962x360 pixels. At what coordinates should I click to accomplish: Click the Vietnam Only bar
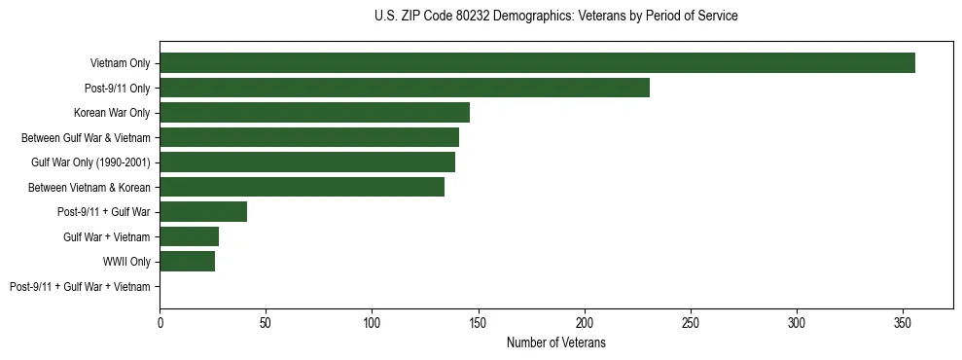(537, 63)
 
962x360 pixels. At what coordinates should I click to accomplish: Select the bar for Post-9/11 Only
(405, 88)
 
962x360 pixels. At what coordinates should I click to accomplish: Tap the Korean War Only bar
(314, 113)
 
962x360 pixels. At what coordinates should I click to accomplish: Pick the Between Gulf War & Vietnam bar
(309, 137)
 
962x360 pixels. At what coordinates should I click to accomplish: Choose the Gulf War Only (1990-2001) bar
(307, 162)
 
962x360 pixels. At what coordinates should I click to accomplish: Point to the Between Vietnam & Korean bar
(302, 187)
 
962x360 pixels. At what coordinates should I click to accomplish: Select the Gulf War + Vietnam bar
(189, 236)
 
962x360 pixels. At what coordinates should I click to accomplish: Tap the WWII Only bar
(187, 261)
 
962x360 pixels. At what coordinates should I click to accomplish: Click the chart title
(555, 17)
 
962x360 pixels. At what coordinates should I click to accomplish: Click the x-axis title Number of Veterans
(555, 342)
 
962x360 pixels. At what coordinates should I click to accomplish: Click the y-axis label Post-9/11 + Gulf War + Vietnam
(80, 286)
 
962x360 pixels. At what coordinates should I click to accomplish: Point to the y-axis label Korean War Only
(112, 113)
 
